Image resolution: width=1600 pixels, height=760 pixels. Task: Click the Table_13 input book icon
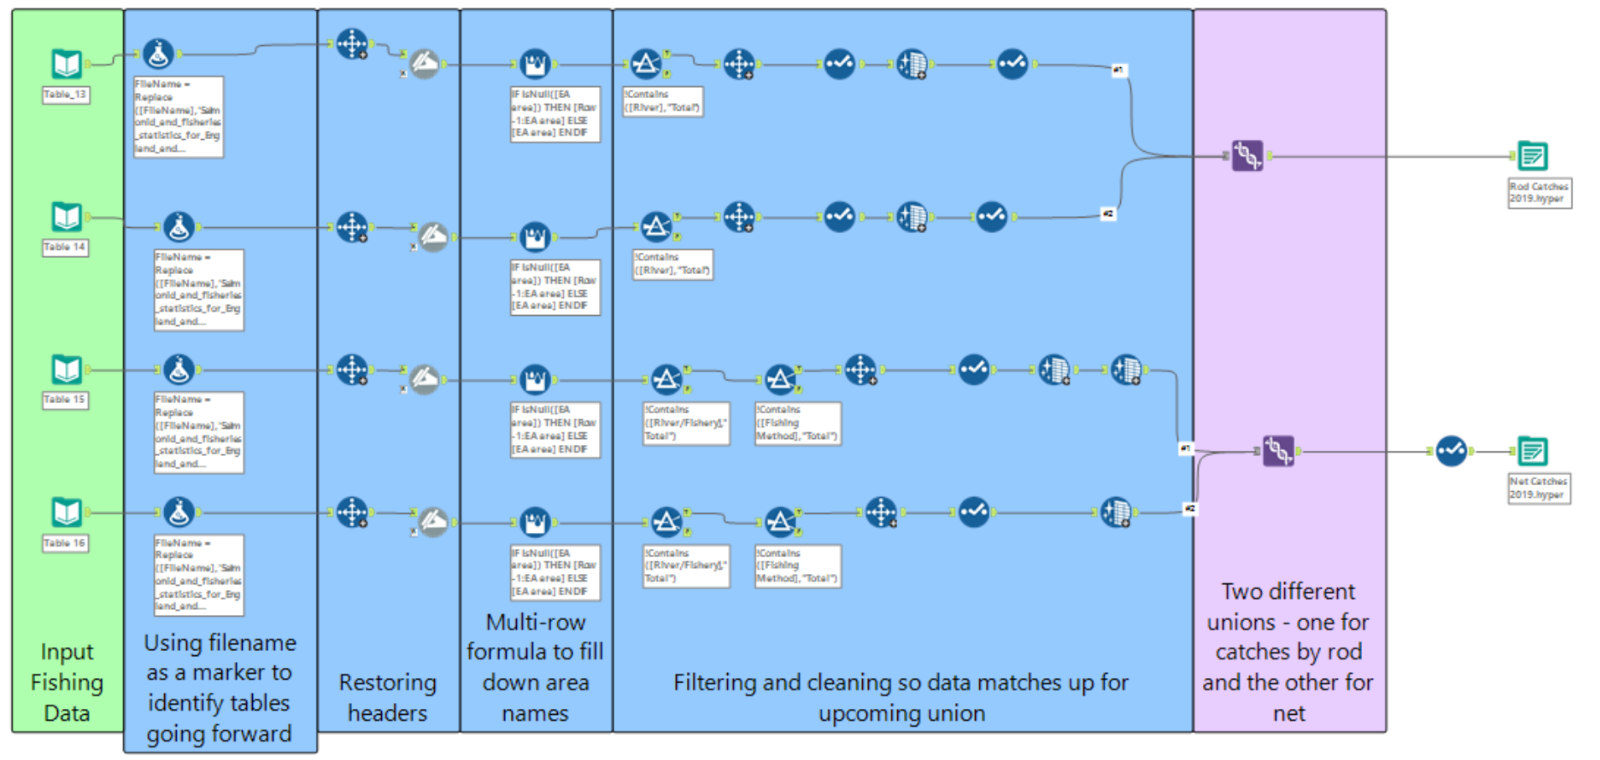click(x=66, y=64)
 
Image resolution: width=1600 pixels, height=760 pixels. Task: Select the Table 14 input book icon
click(x=66, y=217)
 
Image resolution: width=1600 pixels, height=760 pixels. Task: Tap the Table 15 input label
click(x=65, y=400)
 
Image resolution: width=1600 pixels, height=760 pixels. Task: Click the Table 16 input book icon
click(x=66, y=512)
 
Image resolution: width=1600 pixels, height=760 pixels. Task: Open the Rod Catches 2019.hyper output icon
click(x=1532, y=156)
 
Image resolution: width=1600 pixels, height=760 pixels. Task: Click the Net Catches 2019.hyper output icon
click(x=1532, y=452)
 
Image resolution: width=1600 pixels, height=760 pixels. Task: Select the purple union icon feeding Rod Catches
click(x=1246, y=156)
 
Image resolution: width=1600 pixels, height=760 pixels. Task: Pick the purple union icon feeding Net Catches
click(x=1277, y=452)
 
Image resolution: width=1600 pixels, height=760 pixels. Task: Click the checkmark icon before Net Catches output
click(x=1451, y=451)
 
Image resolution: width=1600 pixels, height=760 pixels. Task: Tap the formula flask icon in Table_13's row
click(x=158, y=54)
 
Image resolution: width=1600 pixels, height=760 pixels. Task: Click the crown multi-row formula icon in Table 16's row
click(x=534, y=522)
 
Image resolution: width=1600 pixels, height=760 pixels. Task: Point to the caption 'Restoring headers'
click(x=387, y=697)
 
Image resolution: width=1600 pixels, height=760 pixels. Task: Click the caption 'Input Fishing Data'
click(x=67, y=682)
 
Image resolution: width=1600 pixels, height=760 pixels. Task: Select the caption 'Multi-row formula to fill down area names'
click(x=535, y=667)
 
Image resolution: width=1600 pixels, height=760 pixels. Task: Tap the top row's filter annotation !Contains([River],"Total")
click(x=663, y=101)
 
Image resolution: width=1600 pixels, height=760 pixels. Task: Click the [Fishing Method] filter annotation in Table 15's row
click(x=797, y=423)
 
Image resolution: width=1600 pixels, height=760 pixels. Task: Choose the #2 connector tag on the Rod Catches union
click(x=1107, y=215)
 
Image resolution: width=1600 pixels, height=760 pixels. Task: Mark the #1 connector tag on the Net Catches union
click(x=1185, y=448)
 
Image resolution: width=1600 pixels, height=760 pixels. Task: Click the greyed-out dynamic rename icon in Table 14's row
click(x=433, y=237)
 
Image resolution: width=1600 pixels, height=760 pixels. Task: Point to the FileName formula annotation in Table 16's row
click(x=199, y=575)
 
